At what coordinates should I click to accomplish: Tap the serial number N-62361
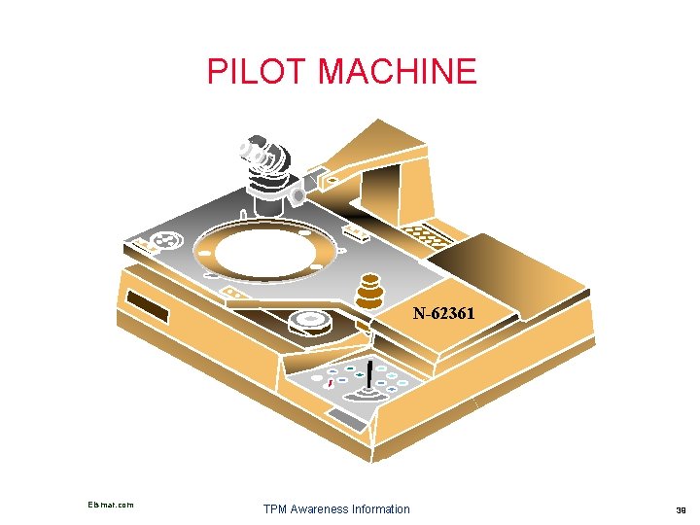click(x=443, y=314)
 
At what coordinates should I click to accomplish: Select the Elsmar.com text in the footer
click(x=110, y=505)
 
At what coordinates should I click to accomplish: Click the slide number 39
click(x=680, y=509)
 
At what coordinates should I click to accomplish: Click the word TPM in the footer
click(x=276, y=509)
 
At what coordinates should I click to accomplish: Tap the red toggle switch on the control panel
click(x=331, y=384)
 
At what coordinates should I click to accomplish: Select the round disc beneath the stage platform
click(x=310, y=321)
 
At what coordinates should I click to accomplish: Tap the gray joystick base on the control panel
click(x=368, y=397)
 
